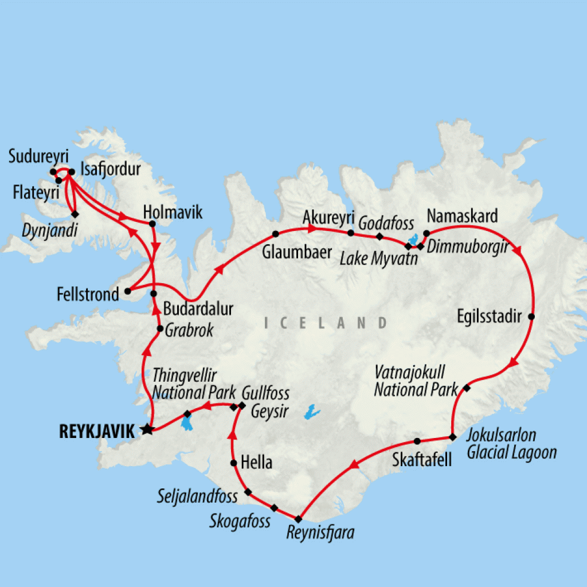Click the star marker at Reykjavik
pos(147,429)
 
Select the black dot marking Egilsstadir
pos(531,317)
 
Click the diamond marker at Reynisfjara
pos(298,519)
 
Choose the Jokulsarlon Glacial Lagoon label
pos(511,444)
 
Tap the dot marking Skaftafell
pos(417,441)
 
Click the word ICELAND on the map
pos(326,323)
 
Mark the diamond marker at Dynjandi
pos(74,214)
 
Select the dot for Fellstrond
pos(127,292)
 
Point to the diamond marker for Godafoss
pos(379,236)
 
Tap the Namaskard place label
pos(461,217)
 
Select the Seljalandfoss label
pos(197,496)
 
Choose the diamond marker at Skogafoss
pos(274,508)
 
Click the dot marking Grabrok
pos(160,328)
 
